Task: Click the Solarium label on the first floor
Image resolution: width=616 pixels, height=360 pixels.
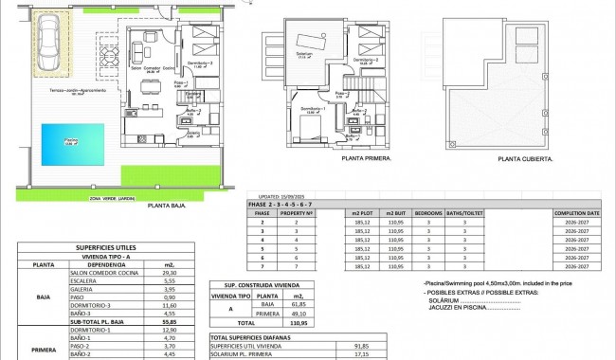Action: click(x=305, y=56)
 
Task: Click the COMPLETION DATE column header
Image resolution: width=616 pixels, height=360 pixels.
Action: click(x=576, y=213)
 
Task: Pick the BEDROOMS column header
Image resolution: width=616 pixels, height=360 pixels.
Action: click(x=429, y=213)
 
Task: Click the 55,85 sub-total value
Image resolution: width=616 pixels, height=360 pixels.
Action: click(x=169, y=322)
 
